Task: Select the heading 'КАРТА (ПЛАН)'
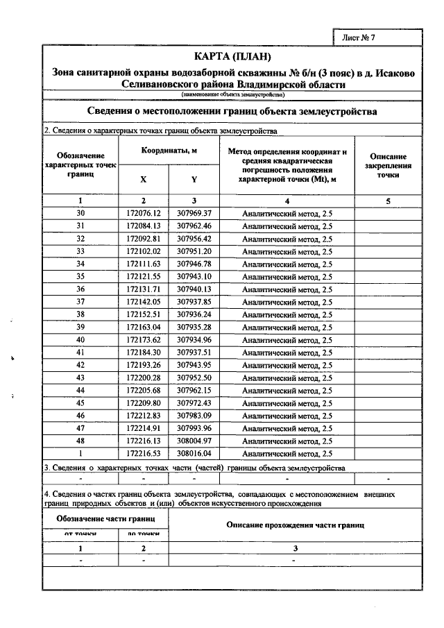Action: [232, 56]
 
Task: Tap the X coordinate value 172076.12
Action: [144, 213]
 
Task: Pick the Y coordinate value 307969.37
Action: [194, 213]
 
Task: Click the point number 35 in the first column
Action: [80, 276]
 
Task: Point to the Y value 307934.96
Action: [194, 339]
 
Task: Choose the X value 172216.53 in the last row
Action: [144, 453]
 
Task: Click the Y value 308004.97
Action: [194, 441]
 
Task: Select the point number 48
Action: [80, 441]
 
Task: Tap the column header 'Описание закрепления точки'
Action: [388, 167]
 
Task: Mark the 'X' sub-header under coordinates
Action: [144, 179]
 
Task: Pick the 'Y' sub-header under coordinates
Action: [194, 179]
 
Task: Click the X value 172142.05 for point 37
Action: [144, 301]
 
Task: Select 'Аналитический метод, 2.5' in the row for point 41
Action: [287, 352]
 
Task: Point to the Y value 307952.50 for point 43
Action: [194, 377]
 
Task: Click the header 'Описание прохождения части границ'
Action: [296, 525]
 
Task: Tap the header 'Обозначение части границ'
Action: [105, 518]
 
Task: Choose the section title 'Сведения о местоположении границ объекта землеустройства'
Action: [232, 111]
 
